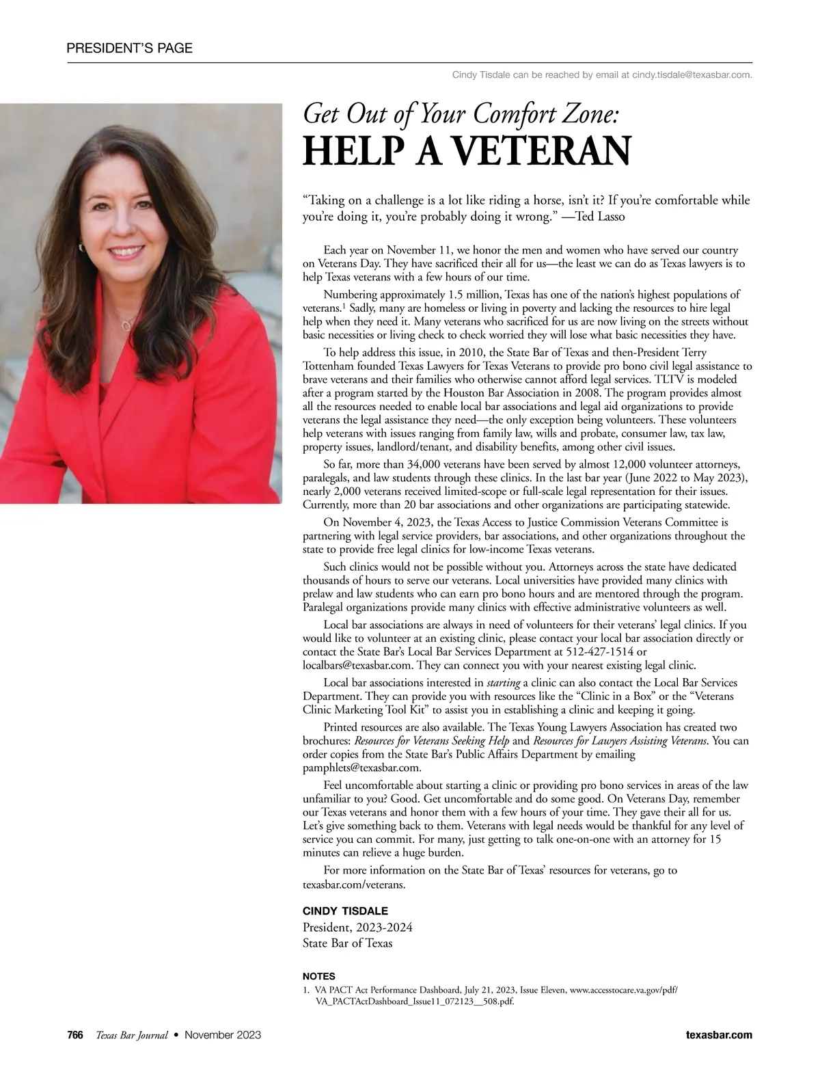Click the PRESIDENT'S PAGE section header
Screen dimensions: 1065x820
pos(129,48)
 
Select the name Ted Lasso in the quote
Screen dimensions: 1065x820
pos(601,217)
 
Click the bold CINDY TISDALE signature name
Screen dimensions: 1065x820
pos(345,911)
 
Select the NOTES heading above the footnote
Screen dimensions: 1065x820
pos(318,976)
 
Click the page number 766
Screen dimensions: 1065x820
pos(75,1035)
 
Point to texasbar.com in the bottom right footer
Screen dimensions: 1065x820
pos(719,1035)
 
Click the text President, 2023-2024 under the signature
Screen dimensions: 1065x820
pos(357,928)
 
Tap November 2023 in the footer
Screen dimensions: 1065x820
pos(223,1035)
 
